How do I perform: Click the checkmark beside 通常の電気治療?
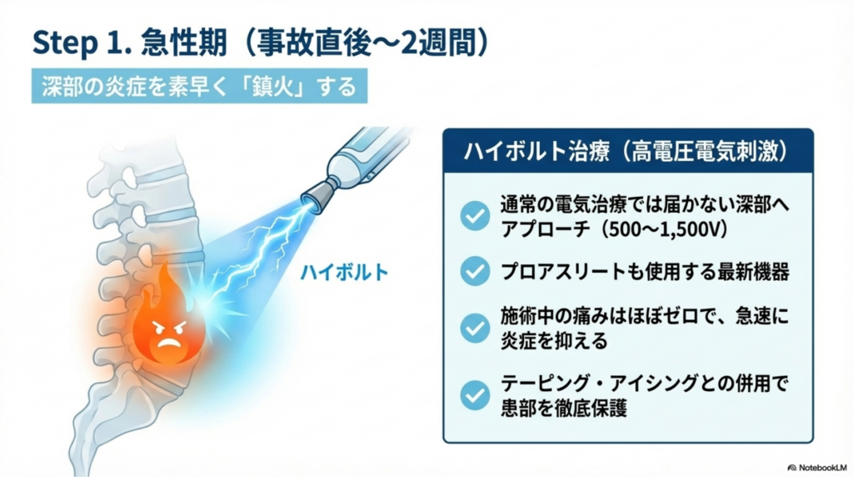pyautogui.click(x=475, y=216)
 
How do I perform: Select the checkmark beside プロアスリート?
pyautogui.click(x=475, y=270)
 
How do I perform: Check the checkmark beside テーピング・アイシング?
pyautogui.click(x=475, y=394)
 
